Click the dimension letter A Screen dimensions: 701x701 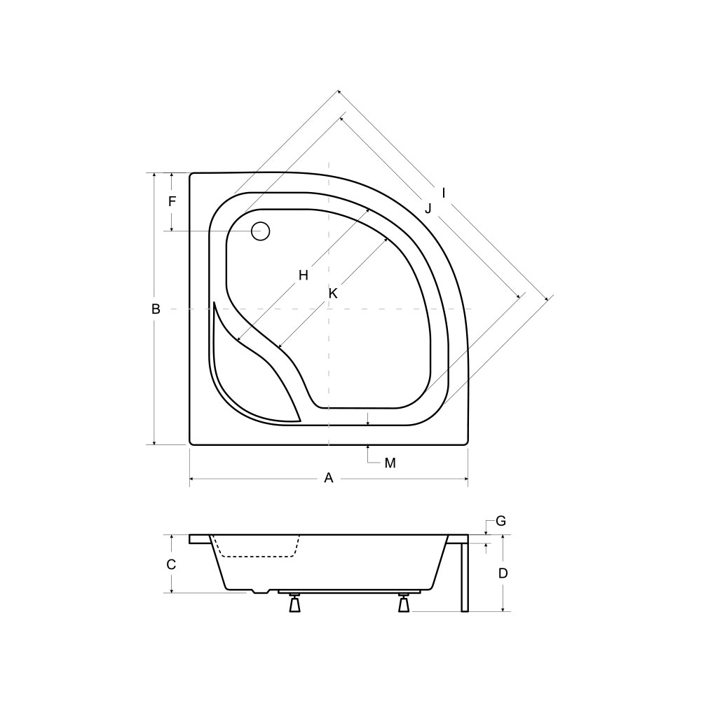click(x=329, y=478)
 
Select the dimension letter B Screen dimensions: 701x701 click(x=156, y=309)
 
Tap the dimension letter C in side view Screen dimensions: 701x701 click(x=171, y=564)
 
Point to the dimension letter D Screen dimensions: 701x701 click(x=503, y=573)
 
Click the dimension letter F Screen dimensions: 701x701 click(x=172, y=202)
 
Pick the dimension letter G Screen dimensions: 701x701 click(x=501, y=521)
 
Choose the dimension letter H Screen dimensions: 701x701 click(x=304, y=275)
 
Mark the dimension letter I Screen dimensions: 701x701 click(x=444, y=193)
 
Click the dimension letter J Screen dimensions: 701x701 click(x=428, y=208)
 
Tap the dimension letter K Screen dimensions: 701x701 click(x=333, y=294)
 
